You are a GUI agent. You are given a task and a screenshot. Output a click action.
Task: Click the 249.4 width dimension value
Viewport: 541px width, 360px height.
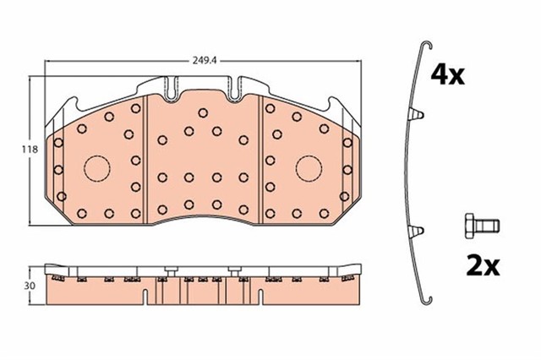(x=202, y=60)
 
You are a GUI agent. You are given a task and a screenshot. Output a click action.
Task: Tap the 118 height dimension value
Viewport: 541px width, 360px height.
(x=16, y=150)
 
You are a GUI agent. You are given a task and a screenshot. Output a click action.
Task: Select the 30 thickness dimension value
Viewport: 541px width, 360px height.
(x=16, y=285)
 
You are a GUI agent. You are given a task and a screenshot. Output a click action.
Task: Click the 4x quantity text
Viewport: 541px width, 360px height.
(x=448, y=75)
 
